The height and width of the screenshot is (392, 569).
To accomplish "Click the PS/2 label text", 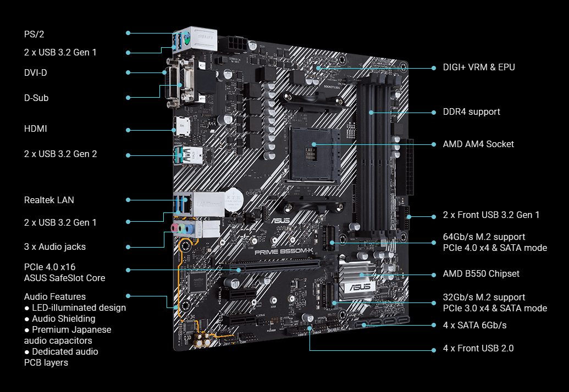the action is pos(34,34).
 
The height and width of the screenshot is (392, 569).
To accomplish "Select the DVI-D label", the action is pos(36,72).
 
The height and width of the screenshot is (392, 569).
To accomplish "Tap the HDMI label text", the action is pos(36,128).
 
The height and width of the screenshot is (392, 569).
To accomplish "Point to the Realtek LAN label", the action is pos(49,200).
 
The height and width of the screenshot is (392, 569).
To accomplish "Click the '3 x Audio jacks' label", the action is pos(55,247).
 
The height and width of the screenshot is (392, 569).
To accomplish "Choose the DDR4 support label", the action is pos(471,112).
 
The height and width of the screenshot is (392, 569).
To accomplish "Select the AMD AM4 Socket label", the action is pos(478,144).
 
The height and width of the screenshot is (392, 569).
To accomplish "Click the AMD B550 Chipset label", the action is pos(481,273).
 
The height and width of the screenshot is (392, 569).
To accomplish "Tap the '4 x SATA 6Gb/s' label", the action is pos(474,326).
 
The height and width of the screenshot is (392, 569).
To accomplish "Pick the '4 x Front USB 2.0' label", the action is pos(478,348).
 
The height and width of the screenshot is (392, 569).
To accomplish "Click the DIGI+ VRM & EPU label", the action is pos(479,67).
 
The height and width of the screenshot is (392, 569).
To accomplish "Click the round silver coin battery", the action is pos(233,200).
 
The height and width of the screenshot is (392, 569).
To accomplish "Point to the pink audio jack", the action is pos(174,227).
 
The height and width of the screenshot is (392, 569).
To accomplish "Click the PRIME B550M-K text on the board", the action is pos(284,251).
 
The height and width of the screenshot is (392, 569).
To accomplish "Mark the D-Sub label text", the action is pos(36,98).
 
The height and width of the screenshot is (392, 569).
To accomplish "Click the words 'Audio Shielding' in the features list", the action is pos(64,319).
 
